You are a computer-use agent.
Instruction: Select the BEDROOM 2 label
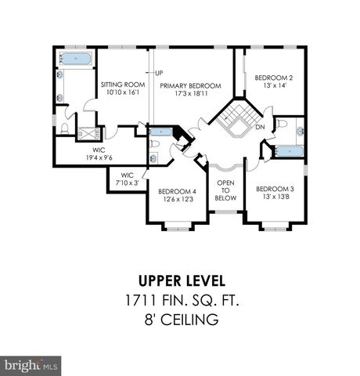click(x=273, y=78)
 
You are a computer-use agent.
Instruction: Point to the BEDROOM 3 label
click(x=275, y=190)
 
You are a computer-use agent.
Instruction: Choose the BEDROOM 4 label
click(x=176, y=192)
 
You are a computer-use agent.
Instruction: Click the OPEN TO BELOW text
click(x=225, y=190)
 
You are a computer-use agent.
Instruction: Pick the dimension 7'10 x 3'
click(x=127, y=183)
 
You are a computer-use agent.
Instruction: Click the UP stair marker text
click(x=159, y=74)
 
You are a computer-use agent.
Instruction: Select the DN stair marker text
click(x=259, y=128)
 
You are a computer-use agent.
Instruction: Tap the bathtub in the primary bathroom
click(x=75, y=59)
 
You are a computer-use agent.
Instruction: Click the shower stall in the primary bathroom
click(x=88, y=133)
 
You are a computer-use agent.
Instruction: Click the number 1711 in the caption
click(x=139, y=299)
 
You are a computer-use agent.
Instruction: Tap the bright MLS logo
click(x=31, y=365)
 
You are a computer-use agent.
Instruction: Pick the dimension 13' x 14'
click(x=273, y=86)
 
